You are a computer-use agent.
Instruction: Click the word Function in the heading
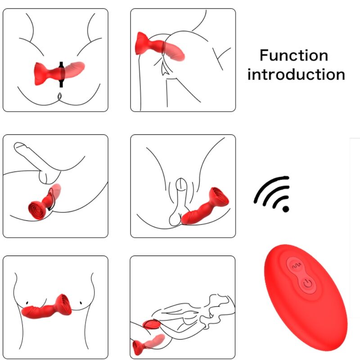[x=293, y=56]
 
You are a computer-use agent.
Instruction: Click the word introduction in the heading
[x=296, y=74]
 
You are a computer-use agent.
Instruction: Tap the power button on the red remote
[x=307, y=283]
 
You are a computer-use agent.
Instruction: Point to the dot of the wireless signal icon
[x=285, y=209]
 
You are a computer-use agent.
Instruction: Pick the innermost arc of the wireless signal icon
[x=279, y=202]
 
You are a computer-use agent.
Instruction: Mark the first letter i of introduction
[x=249, y=74]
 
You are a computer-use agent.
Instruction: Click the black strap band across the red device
[x=62, y=72]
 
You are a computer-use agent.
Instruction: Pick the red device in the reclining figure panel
[x=146, y=345]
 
